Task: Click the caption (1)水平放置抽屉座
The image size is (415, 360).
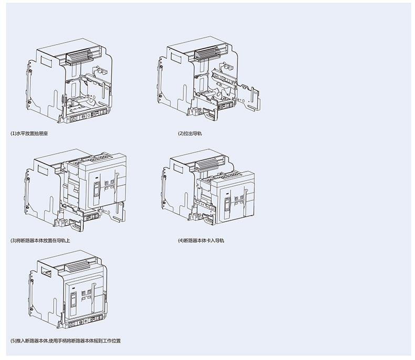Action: point(29,133)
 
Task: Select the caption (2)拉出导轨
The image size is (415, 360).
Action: point(190,133)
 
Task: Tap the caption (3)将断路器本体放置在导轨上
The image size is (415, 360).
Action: point(40,240)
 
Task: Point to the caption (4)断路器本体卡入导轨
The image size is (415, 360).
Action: point(201,240)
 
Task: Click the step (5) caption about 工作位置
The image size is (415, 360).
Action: point(65,341)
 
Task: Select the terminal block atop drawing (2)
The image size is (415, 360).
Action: point(208,54)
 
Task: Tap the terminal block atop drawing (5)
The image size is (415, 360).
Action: point(78,266)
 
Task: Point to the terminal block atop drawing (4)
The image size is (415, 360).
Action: point(207,164)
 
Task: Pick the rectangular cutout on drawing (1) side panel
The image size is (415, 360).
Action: point(46,61)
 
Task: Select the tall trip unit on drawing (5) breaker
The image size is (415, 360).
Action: point(74,300)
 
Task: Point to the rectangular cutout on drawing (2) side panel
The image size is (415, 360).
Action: point(176,58)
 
